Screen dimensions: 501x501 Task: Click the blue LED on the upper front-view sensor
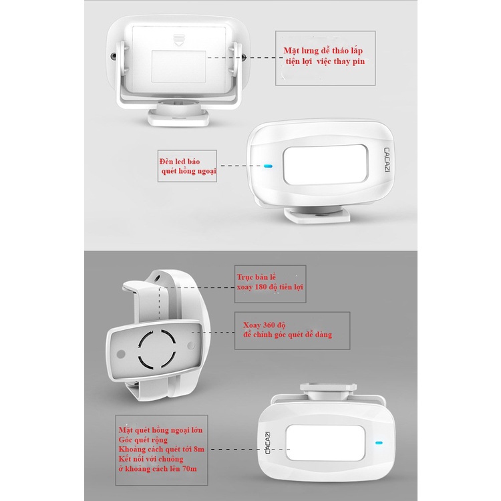point(268,166)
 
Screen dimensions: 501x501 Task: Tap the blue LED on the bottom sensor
point(379,443)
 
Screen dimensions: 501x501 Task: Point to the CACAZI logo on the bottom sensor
point(268,443)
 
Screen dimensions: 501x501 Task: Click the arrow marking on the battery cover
point(178,39)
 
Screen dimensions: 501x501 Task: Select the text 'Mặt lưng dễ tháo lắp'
point(323,51)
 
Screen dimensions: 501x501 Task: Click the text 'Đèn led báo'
point(180,162)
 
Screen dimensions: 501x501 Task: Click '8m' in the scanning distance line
point(199,449)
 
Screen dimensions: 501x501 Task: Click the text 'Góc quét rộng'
point(143,440)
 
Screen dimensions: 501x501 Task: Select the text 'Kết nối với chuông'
point(151,459)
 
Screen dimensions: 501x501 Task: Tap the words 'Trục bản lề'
point(257,277)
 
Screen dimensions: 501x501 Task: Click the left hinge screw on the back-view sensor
point(114,56)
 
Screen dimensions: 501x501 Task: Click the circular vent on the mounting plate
point(156,349)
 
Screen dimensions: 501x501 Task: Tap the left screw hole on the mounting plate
point(121,354)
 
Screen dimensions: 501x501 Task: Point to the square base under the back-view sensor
point(178,116)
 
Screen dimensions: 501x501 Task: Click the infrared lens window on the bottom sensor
point(325,442)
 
